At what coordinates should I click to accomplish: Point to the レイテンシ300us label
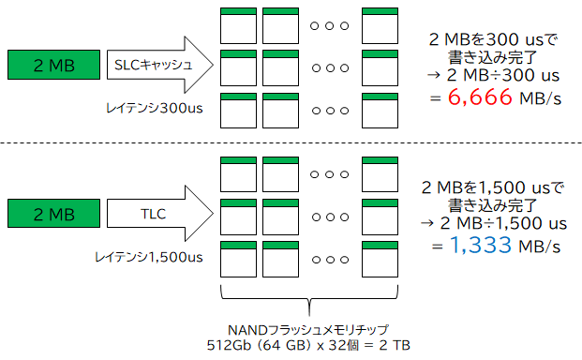(x=154, y=109)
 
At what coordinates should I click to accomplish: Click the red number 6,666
(x=480, y=98)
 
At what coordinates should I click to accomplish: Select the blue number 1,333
(x=480, y=246)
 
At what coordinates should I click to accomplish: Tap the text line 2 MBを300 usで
(x=493, y=39)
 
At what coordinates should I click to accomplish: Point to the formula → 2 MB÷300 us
(x=493, y=77)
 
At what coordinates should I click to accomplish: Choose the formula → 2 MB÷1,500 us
(x=493, y=224)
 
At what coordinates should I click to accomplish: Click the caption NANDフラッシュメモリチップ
(x=307, y=329)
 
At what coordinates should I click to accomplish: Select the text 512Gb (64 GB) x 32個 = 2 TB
(x=307, y=345)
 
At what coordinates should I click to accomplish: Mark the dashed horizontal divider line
(x=291, y=143)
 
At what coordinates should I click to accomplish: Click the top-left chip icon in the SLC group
(x=237, y=23)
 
